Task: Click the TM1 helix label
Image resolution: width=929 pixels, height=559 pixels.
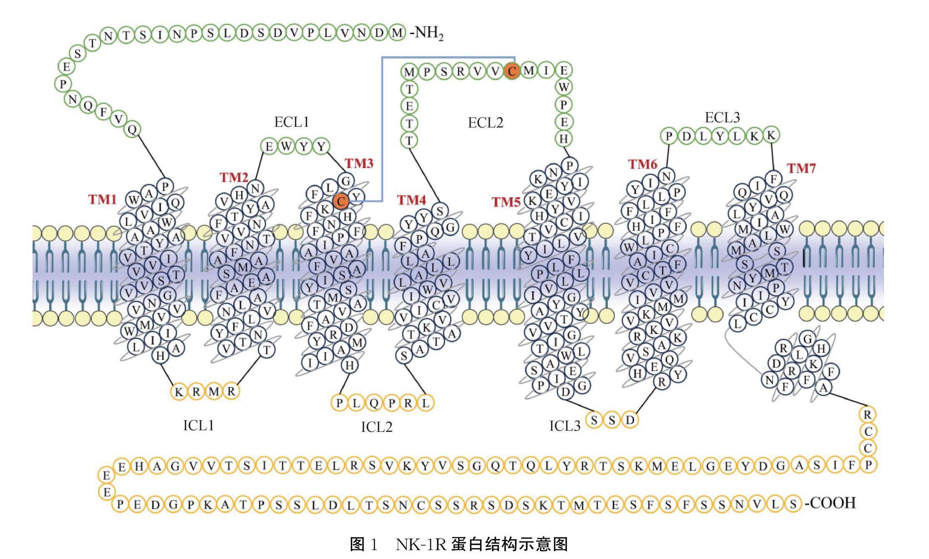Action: point(102,199)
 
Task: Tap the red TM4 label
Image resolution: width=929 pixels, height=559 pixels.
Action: point(411,200)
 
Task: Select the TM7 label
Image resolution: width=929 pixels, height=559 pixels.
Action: point(801,168)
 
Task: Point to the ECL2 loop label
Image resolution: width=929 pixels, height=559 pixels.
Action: point(486,123)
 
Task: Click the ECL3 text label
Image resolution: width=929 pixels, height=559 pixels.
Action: point(723,118)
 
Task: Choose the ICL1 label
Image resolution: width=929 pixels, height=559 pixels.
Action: point(199,425)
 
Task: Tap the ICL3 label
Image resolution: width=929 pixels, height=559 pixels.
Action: point(565,426)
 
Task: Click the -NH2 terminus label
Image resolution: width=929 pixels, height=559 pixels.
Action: point(426,33)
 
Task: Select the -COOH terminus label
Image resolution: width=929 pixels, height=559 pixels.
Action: point(831,503)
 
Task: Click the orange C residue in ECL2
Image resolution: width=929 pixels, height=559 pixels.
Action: point(511,71)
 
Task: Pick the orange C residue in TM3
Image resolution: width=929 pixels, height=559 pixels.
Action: point(341,202)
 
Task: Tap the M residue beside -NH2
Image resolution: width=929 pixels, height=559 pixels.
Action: point(397,33)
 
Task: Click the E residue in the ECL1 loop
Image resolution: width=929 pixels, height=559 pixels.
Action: point(269,146)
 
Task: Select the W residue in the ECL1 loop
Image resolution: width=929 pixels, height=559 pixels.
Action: point(287,146)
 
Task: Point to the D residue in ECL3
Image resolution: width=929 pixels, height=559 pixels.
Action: point(686,136)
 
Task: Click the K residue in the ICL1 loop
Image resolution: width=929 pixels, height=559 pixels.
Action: point(179,392)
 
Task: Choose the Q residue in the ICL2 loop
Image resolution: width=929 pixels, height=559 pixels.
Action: point(374,403)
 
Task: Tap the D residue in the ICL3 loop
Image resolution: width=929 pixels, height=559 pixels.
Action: point(630,420)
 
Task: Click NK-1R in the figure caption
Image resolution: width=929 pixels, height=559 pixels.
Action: point(421,544)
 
